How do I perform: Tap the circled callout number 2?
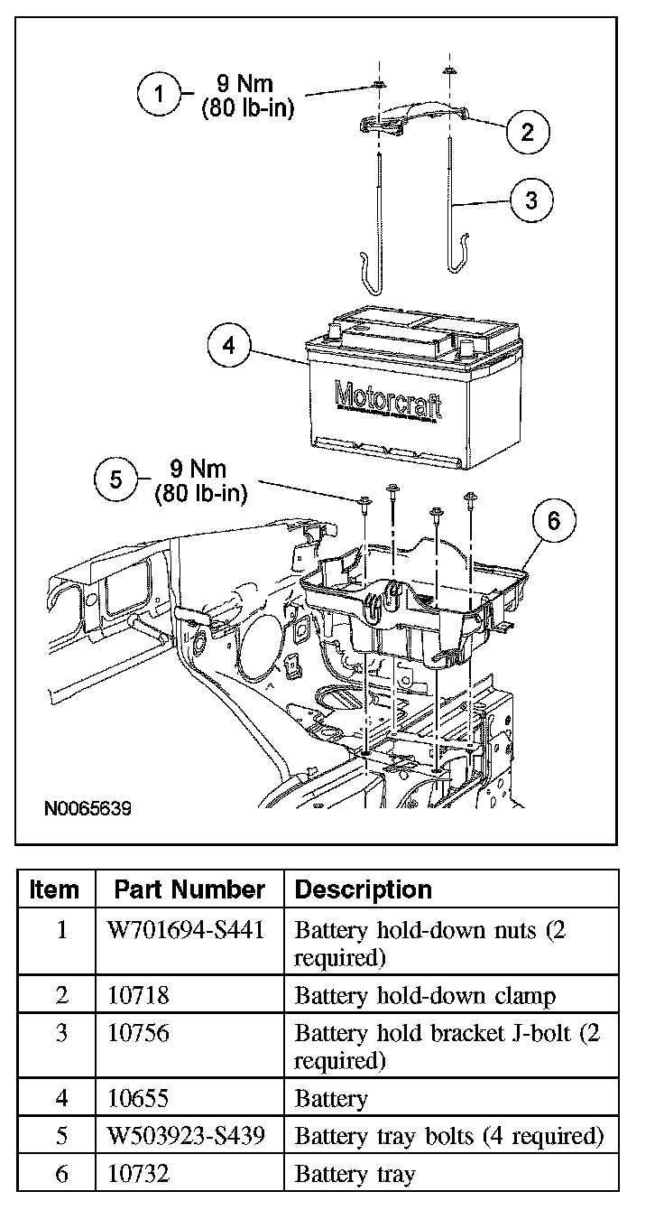[528, 132]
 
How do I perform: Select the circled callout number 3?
[530, 200]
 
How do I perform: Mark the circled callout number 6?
[553, 521]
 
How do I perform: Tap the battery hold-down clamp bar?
[414, 119]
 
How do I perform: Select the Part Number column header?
[189, 889]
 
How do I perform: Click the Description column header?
[364, 889]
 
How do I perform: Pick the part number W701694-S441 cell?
[189, 930]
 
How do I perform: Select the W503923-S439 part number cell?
[189, 1135]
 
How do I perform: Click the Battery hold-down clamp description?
[425, 995]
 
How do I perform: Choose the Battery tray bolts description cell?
[448, 1135]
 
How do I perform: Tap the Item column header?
[54, 889]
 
